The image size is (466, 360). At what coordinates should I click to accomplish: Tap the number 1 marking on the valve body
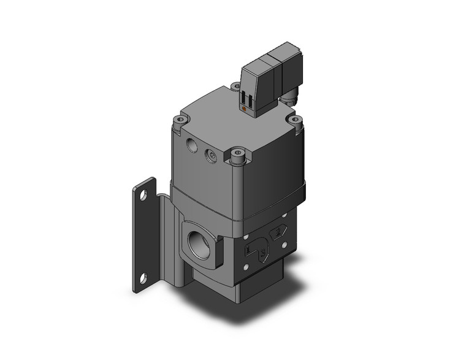click(247, 250)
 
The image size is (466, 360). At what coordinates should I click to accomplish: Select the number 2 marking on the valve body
click(279, 232)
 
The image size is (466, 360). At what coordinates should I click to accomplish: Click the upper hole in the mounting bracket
click(143, 197)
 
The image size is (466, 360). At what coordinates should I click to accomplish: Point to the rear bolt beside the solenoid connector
click(235, 87)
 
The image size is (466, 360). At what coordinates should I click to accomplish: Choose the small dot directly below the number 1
click(247, 265)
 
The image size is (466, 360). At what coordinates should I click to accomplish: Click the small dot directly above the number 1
click(246, 236)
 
